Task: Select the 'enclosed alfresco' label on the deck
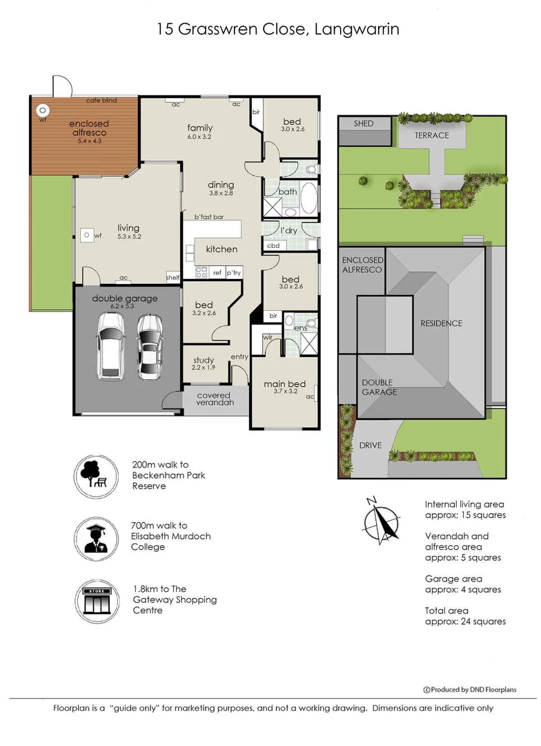pos(88,129)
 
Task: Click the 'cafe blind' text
pos(101,101)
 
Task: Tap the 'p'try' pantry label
pos(234,273)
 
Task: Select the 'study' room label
pos(203,360)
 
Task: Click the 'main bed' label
pos(284,384)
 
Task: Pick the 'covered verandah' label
pos(215,399)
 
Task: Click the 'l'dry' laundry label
pos(288,230)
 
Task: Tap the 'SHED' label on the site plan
pos(363,124)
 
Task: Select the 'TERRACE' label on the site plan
pos(431,135)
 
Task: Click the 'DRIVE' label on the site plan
pos(370,446)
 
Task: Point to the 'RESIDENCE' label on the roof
pos(442,323)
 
